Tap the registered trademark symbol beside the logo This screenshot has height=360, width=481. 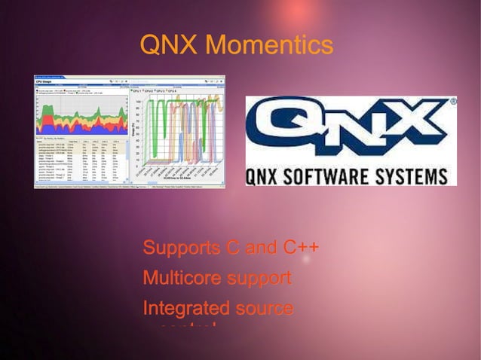click(453, 100)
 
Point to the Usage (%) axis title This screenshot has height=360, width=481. click(133, 130)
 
